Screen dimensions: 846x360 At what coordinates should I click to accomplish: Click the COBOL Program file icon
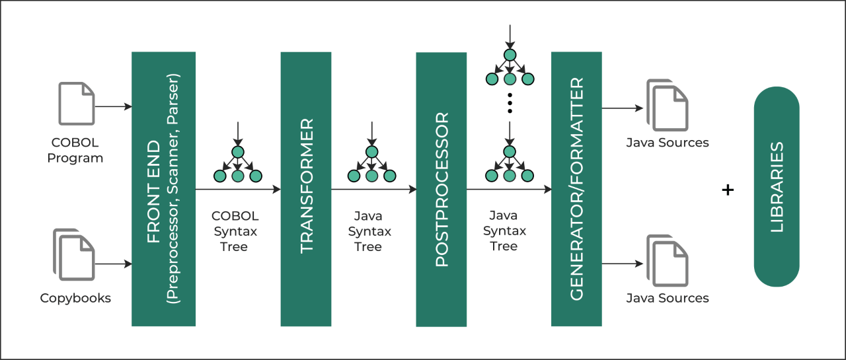coord(76,104)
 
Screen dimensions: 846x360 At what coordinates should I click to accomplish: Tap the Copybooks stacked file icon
coord(74,255)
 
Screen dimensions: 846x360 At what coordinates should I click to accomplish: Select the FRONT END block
coord(163,189)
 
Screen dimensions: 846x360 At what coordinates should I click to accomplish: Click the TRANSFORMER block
coord(306,189)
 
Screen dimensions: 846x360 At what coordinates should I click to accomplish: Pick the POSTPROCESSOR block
coord(441,190)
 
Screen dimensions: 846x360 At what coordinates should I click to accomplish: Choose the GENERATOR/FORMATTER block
coord(576,189)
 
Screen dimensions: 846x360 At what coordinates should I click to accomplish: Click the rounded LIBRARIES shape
coord(777,187)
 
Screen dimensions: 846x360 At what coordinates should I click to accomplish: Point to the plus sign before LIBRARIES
coord(728,190)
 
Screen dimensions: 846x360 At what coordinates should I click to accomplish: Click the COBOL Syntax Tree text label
coord(235,231)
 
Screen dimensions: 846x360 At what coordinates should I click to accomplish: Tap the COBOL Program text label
coord(75,150)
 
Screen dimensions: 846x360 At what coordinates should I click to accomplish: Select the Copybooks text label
coord(75,298)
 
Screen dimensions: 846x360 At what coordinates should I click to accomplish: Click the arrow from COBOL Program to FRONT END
coord(113,107)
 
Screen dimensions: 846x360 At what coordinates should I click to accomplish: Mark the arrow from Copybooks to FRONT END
coord(113,264)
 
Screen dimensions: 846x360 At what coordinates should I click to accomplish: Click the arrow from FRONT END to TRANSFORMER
coord(238,189)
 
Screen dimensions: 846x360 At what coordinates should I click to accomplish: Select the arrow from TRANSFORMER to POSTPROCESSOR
coord(373,190)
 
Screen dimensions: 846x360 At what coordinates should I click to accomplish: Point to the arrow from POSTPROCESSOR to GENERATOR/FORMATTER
coord(509,190)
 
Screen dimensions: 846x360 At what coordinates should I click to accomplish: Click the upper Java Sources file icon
coord(668,105)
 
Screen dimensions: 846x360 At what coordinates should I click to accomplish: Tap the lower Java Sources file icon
coord(668,261)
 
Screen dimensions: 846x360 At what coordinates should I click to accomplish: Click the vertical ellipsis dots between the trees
coord(510,102)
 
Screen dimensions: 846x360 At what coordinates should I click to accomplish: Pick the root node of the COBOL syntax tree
coord(238,152)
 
